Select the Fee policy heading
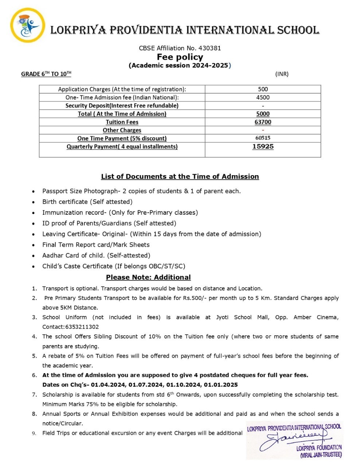tap(180, 57)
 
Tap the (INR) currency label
tap(282, 74)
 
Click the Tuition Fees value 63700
tap(263, 122)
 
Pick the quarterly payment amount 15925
tap(263, 146)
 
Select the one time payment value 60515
tap(263, 138)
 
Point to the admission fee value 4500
tap(263, 97)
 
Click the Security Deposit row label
tap(122, 106)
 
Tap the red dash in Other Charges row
tap(263, 130)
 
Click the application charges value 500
tap(263, 89)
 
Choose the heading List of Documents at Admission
tap(180, 177)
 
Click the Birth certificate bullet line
tap(87, 202)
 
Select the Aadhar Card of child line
tap(96, 255)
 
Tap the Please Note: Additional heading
tap(148, 277)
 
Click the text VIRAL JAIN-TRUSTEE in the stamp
tap(321, 455)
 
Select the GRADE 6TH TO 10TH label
tap(46, 74)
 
